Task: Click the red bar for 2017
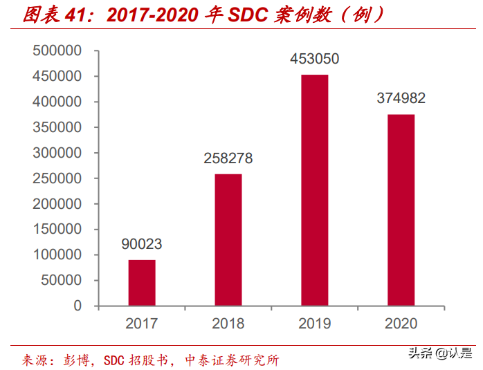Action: point(142,282)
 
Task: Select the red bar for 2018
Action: point(228,239)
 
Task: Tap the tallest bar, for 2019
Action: point(314,189)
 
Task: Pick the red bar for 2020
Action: point(401,210)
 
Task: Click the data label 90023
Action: point(141,244)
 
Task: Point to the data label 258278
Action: point(228,158)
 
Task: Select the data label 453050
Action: point(314,59)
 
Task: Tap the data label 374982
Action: point(401,98)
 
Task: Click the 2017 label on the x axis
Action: point(141,323)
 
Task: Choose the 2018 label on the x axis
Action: point(228,323)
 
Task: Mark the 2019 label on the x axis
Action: point(314,323)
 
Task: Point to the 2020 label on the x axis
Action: point(401,323)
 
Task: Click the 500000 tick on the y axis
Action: point(57,51)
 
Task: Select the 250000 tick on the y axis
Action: point(57,178)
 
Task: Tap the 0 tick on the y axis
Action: point(78,306)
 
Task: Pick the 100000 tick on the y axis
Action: point(57,255)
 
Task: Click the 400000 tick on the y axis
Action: point(57,102)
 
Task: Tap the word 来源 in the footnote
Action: point(35,360)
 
